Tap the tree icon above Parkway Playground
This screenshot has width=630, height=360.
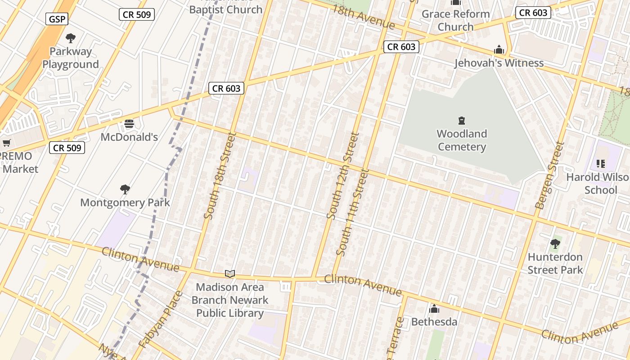[x=71, y=38]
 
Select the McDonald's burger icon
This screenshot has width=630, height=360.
[x=129, y=124]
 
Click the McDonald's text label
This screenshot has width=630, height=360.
[x=129, y=137]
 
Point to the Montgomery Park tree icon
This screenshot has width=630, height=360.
[x=125, y=189]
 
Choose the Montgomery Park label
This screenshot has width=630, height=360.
[x=125, y=202]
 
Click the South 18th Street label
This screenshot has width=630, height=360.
[x=220, y=175]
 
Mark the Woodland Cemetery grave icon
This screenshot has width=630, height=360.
[x=461, y=121]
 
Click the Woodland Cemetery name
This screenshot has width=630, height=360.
[x=462, y=140]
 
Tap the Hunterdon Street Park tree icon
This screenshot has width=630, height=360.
[x=555, y=244]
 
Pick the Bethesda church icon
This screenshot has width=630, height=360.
[x=434, y=309]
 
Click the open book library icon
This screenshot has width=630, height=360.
[x=230, y=274]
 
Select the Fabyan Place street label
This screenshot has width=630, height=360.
[x=161, y=319]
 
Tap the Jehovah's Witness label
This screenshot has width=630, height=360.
[x=499, y=63]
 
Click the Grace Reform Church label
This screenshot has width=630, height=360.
[x=456, y=20]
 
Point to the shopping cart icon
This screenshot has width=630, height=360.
[x=6, y=143]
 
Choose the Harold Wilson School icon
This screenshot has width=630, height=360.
[x=600, y=164]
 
